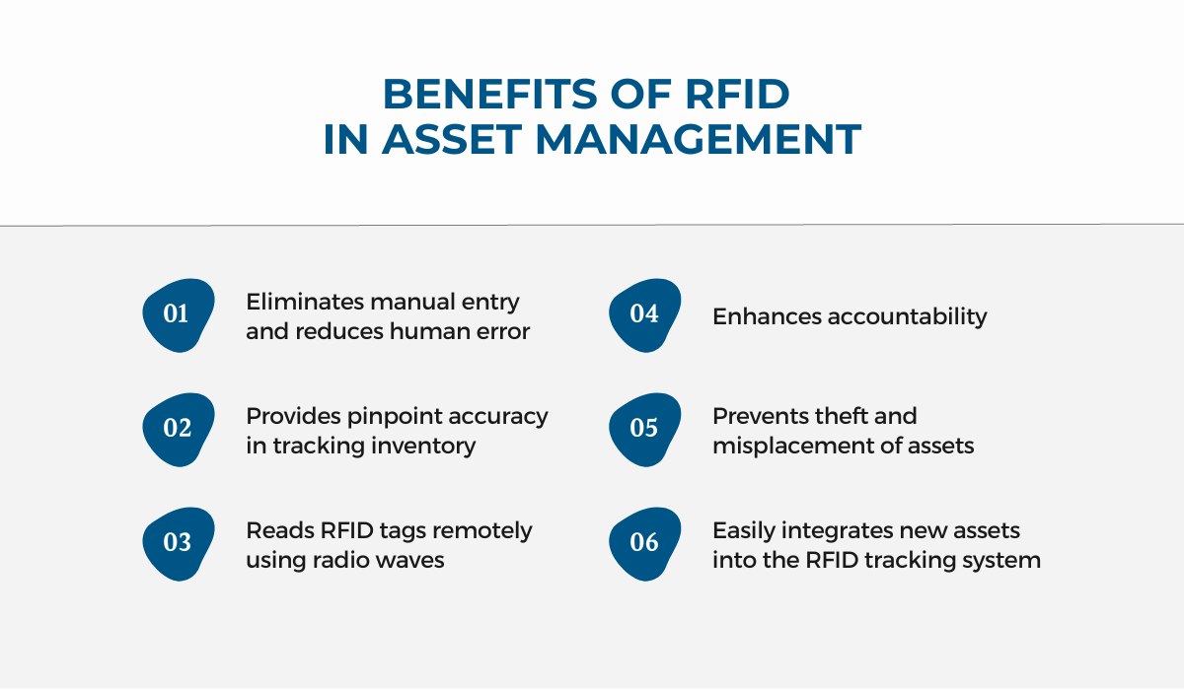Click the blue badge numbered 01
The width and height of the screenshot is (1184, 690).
[179, 315]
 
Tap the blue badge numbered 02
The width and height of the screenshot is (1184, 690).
[179, 429]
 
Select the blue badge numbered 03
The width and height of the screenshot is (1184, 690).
[179, 544]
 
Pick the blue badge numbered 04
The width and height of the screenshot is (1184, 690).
[645, 315]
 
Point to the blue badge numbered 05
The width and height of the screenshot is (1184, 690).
[645, 429]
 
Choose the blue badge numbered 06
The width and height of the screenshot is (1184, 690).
[645, 544]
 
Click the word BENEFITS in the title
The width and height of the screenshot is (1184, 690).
[490, 94]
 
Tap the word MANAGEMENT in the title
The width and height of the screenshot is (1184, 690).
[699, 139]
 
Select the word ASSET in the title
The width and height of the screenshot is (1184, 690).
[453, 139]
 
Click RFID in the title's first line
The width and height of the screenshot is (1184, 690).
[737, 94]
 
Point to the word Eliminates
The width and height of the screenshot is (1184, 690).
[305, 302]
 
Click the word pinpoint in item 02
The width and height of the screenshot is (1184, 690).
[397, 417]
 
